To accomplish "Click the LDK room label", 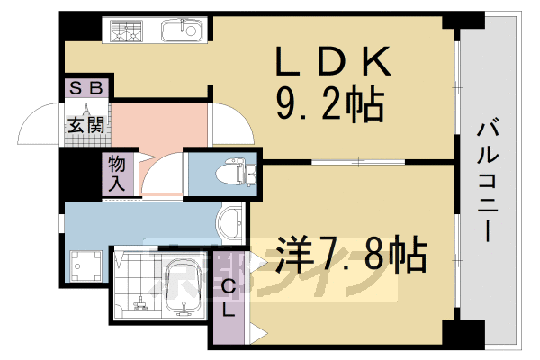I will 332,63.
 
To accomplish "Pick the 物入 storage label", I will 116,174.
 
